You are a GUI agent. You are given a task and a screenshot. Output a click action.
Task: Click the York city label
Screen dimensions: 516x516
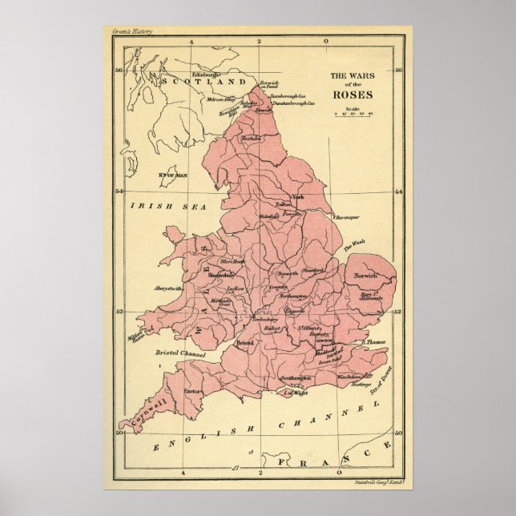tap(298, 197)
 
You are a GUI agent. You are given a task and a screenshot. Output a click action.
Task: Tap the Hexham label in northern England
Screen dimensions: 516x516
tap(252, 139)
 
